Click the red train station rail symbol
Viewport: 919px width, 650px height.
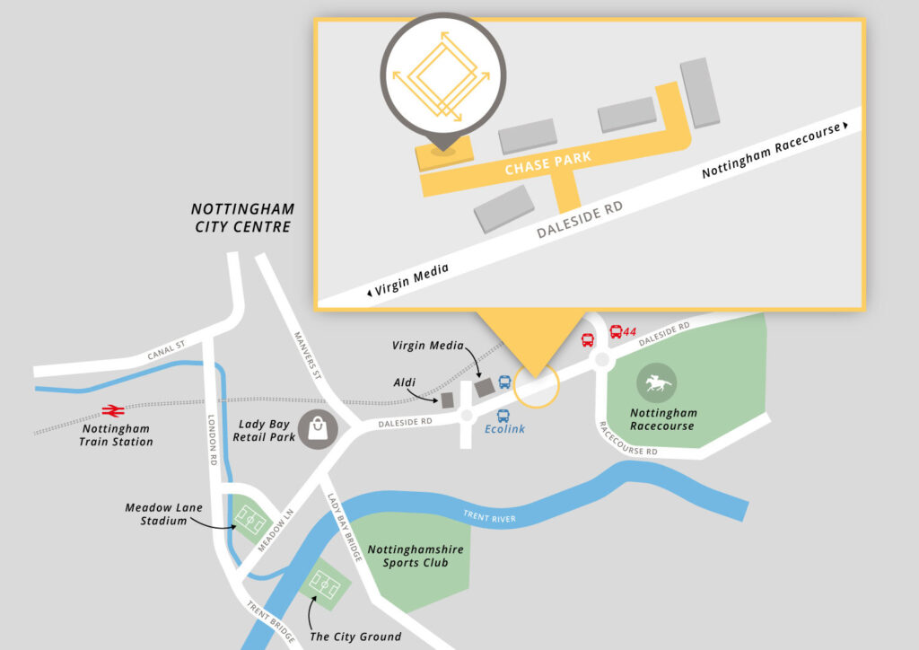pyautogui.click(x=112, y=410)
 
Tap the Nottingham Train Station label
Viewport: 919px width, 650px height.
pyautogui.click(x=116, y=435)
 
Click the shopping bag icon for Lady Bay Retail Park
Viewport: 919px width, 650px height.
pyautogui.click(x=318, y=428)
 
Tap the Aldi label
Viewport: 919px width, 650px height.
pyautogui.click(x=405, y=383)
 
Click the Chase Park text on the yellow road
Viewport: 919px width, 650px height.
pyautogui.click(x=547, y=163)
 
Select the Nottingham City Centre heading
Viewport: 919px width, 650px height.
pyautogui.click(x=242, y=218)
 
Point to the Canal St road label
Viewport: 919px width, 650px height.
pyautogui.click(x=168, y=353)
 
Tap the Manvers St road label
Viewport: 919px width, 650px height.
pyautogui.click(x=308, y=354)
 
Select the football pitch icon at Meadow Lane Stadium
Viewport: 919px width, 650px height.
pyautogui.click(x=249, y=519)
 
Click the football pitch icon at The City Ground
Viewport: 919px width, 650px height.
pyautogui.click(x=325, y=584)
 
